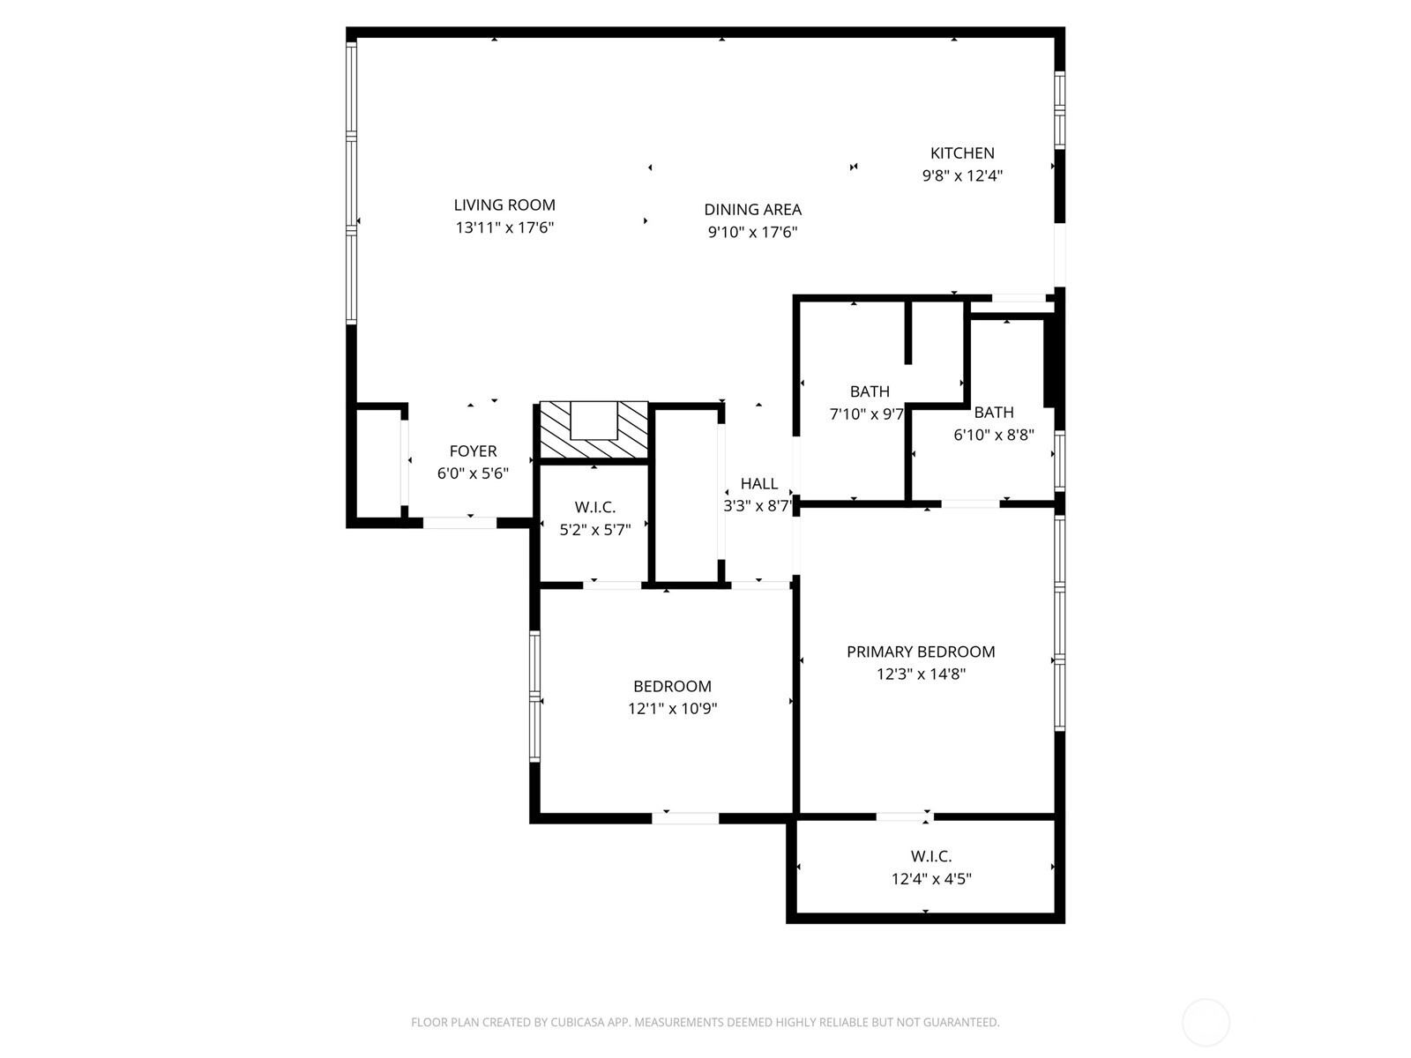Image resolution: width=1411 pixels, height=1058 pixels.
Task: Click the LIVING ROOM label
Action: pyautogui.click(x=504, y=205)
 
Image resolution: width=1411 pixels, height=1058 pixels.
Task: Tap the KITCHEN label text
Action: pyautogui.click(x=961, y=153)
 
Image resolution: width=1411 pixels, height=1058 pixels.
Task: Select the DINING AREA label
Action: pyautogui.click(x=752, y=210)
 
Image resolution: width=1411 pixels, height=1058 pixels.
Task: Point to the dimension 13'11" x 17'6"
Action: pyautogui.click(x=504, y=227)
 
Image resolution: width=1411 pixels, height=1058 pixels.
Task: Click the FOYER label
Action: pyautogui.click(x=473, y=451)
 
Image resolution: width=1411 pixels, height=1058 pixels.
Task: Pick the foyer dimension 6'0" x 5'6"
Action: pyautogui.click(x=473, y=473)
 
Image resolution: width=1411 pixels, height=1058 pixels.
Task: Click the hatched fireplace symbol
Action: pyautogui.click(x=594, y=429)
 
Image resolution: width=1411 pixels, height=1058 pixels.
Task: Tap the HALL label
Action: pyautogui.click(x=758, y=484)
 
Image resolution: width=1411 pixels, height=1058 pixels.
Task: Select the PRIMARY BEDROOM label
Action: pyautogui.click(x=921, y=652)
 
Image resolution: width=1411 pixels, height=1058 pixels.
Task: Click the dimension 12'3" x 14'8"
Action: pyautogui.click(x=921, y=674)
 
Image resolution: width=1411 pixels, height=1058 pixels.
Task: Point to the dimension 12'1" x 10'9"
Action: pyautogui.click(x=672, y=709)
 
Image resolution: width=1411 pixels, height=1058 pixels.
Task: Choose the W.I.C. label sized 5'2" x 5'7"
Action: pyautogui.click(x=594, y=507)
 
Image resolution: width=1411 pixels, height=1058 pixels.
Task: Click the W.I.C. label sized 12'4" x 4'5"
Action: pyautogui.click(x=930, y=855)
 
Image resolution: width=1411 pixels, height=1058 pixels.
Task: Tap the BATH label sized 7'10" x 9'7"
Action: pyautogui.click(x=870, y=391)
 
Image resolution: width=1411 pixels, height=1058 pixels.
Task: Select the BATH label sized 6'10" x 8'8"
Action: pyautogui.click(x=994, y=413)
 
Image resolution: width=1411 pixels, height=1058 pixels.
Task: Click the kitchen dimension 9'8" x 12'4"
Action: pyautogui.click(x=962, y=175)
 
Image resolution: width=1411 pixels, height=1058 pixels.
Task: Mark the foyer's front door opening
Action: pyautogui.click(x=459, y=523)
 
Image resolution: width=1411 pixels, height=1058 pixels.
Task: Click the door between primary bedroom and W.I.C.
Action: pyautogui.click(x=905, y=816)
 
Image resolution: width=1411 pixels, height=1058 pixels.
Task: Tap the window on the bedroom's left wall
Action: pyautogui.click(x=534, y=697)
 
